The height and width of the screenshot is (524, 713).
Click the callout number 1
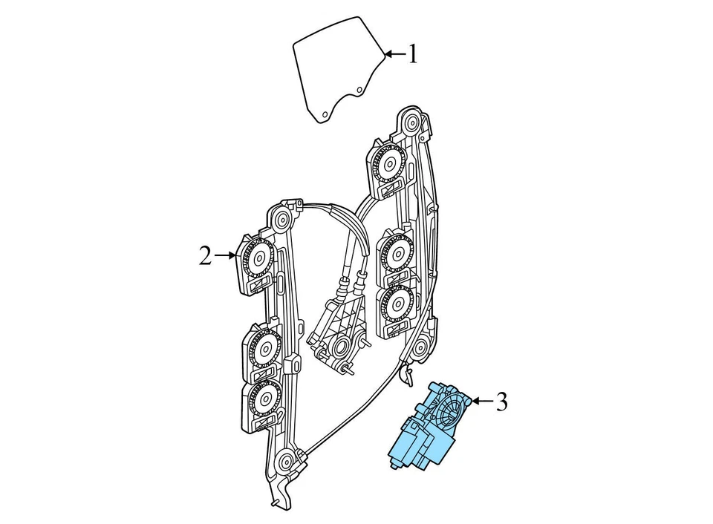coord(412,54)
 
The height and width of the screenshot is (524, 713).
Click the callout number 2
coord(205,256)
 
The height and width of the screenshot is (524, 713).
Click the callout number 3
coord(502,402)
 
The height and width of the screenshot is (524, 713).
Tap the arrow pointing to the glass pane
coord(393,54)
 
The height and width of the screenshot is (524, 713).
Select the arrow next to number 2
coord(225,256)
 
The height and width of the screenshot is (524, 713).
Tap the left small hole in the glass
coord(325,113)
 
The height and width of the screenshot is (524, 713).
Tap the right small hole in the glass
coord(359,91)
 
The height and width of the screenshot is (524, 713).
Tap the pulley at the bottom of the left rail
coord(286,462)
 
